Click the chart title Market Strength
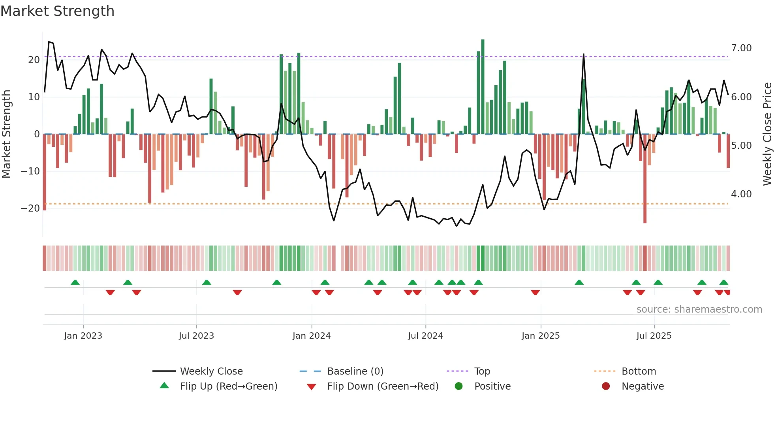point(57,11)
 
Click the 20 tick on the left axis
point(34,60)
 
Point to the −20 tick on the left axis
point(30,208)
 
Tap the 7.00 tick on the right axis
point(741,48)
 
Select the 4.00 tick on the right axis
point(741,194)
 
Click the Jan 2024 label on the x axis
point(311,336)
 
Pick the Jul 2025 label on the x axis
point(654,336)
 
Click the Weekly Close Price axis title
point(767,134)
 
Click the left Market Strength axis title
point(6,134)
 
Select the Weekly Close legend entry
point(211,371)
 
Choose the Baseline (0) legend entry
point(355,371)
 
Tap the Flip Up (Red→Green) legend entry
point(228,386)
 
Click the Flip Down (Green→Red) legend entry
point(382,386)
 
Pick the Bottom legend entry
point(638,371)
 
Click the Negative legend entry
point(642,386)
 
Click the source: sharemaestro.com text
point(699,309)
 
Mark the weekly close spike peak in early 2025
point(584,55)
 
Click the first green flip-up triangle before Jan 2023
point(75,282)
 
